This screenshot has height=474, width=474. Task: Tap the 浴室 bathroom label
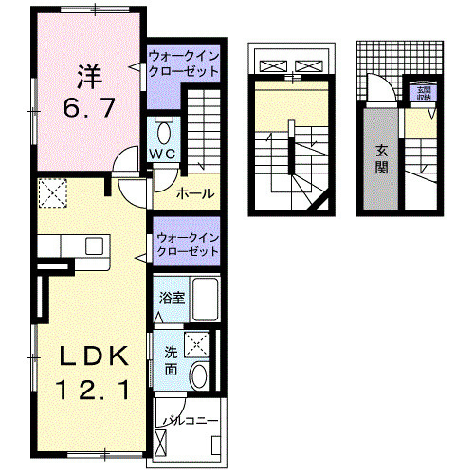tap(172, 298)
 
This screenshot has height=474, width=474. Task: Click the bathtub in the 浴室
tap(203, 298)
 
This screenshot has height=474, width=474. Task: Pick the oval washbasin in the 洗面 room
tap(198, 376)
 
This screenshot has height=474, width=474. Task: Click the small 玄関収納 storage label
tap(422, 92)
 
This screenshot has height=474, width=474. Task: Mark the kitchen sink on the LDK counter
tap(95, 246)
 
